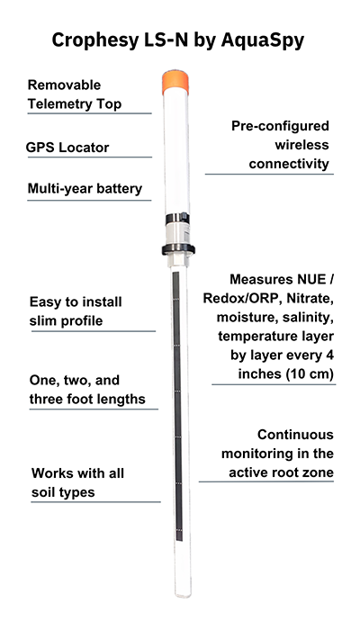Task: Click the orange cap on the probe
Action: click(175, 82)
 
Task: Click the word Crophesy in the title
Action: click(94, 40)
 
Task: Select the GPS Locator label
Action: click(67, 148)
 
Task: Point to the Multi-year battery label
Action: click(85, 189)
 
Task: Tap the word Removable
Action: click(64, 85)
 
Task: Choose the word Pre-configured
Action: click(280, 126)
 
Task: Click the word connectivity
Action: click(289, 164)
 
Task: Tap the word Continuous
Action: click(295, 435)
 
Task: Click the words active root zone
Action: click(281, 472)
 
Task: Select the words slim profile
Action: click(66, 321)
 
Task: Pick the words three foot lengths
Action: click(87, 400)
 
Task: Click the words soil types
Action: click(63, 492)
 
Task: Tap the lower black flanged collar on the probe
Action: click(178, 249)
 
